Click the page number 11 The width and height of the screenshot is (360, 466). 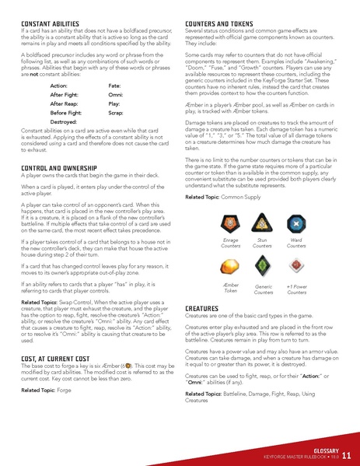[345, 455]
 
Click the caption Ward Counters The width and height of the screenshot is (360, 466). [299, 245]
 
